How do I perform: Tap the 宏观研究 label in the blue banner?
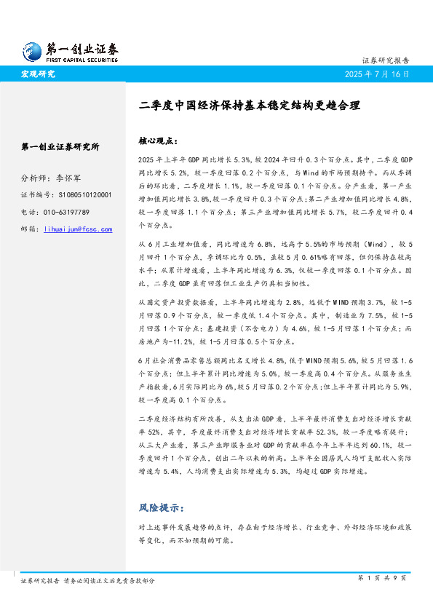point(38,74)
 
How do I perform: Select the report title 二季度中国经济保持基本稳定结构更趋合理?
point(250,105)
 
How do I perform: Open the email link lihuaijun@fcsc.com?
point(79,229)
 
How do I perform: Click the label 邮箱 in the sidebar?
point(29,229)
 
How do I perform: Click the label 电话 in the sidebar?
point(29,212)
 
